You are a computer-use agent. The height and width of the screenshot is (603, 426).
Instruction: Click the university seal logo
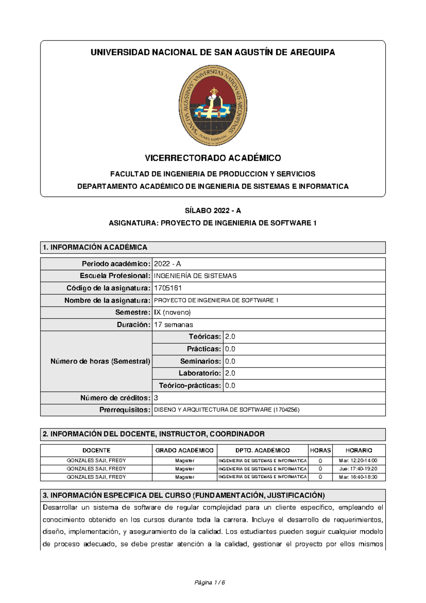pyautogui.click(x=213, y=105)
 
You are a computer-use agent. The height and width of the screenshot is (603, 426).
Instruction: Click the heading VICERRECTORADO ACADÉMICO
pyautogui.click(x=213, y=158)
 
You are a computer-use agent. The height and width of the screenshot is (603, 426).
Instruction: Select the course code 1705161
pyautogui.click(x=168, y=288)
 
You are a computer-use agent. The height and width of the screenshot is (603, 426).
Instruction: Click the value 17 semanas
pyautogui.click(x=173, y=325)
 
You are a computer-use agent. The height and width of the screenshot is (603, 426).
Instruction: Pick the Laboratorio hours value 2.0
pyautogui.click(x=230, y=373)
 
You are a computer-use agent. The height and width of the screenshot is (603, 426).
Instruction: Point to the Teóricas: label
pyautogui.click(x=205, y=336)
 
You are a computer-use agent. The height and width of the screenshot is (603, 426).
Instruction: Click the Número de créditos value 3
pyautogui.click(x=156, y=398)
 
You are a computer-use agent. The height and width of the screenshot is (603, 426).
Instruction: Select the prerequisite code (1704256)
pyautogui.click(x=286, y=410)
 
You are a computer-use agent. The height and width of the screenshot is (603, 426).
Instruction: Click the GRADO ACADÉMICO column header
pyautogui.click(x=184, y=450)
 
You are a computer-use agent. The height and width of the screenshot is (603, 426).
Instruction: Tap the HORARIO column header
pyautogui.click(x=359, y=450)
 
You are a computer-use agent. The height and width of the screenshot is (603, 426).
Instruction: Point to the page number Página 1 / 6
pyautogui.click(x=210, y=582)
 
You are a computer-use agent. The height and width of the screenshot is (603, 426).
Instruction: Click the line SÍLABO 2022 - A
pyautogui.click(x=213, y=210)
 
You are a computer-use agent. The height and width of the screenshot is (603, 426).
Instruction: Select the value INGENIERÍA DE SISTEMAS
pyautogui.click(x=195, y=276)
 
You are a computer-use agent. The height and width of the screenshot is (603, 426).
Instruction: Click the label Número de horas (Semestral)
pyautogui.click(x=100, y=361)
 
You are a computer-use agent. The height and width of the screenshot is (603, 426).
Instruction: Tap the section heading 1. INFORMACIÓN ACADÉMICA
pyautogui.click(x=95, y=247)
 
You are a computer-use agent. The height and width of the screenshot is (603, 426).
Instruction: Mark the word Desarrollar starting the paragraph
pyautogui.click(x=60, y=507)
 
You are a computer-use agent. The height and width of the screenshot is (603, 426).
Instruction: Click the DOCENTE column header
pyautogui.click(x=96, y=450)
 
